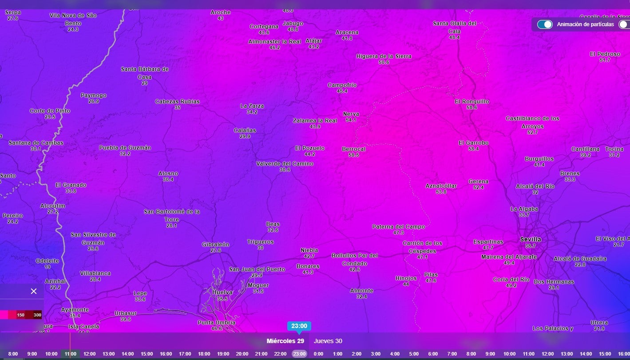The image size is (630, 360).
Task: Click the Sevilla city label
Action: point(531,239)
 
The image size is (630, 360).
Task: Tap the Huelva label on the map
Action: point(222,293)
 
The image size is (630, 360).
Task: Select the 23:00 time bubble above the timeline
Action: point(299,326)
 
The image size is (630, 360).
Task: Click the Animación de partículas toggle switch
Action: point(545,24)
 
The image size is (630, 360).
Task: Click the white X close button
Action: point(34,291)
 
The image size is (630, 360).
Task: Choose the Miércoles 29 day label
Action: point(285,341)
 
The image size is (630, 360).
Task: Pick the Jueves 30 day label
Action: point(328,341)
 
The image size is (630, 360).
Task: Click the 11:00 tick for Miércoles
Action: point(70,354)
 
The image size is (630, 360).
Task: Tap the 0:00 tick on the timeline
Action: point(318,354)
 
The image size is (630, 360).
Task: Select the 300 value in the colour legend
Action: point(37,315)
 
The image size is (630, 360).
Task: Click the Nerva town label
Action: point(351,114)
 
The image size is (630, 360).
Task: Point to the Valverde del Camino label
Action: point(285,164)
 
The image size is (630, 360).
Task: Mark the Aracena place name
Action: point(347,32)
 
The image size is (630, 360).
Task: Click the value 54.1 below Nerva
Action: point(351,120)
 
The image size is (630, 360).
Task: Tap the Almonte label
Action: point(361,291)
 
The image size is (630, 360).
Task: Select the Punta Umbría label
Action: point(216,323)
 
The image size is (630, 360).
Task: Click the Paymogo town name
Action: point(93,95)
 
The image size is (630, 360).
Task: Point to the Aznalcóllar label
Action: point(441,186)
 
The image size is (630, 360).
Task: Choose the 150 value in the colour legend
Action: point(21,315)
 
